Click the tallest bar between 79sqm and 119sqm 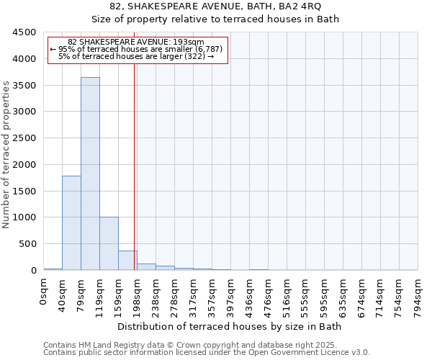[90, 174]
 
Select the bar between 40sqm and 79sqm [71, 222]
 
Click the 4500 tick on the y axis [24, 32]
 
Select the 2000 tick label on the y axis [24, 165]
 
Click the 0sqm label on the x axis [44, 292]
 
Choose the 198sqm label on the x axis [138, 297]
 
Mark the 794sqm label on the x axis [418, 297]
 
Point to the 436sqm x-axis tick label [250, 297]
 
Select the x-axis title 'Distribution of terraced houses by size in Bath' [230, 327]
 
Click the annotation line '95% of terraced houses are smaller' [136, 49]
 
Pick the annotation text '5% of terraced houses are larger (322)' [136, 56]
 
